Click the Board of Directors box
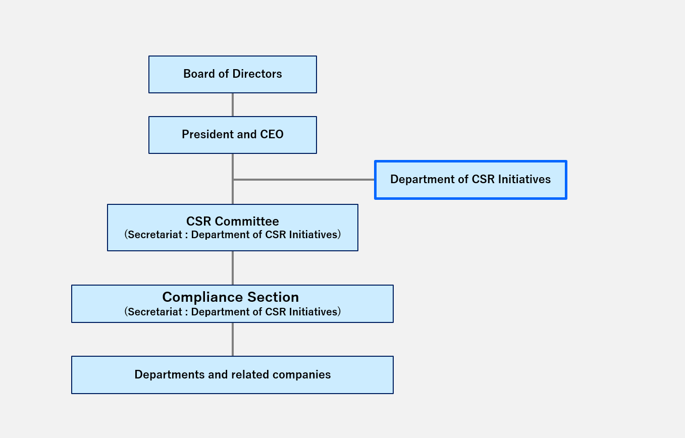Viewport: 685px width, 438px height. (x=233, y=74)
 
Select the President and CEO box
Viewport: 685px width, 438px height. (x=233, y=135)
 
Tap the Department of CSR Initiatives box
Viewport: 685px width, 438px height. (x=470, y=180)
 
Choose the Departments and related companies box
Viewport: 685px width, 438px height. (x=232, y=375)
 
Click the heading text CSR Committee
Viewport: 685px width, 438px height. (x=233, y=222)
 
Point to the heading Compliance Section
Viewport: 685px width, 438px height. (x=231, y=297)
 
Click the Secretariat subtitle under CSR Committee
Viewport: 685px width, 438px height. (x=233, y=235)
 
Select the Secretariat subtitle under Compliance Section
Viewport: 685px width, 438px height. (x=233, y=312)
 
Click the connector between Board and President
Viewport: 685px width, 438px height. (x=233, y=105)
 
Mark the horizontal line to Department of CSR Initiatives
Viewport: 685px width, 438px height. (x=303, y=180)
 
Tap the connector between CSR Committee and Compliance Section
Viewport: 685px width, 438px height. (x=233, y=268)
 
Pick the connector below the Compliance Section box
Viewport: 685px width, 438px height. (x=233, y=340)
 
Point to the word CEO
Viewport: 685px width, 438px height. (x=272, y=135)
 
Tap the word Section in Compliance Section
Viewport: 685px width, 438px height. (x=274, y=297)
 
